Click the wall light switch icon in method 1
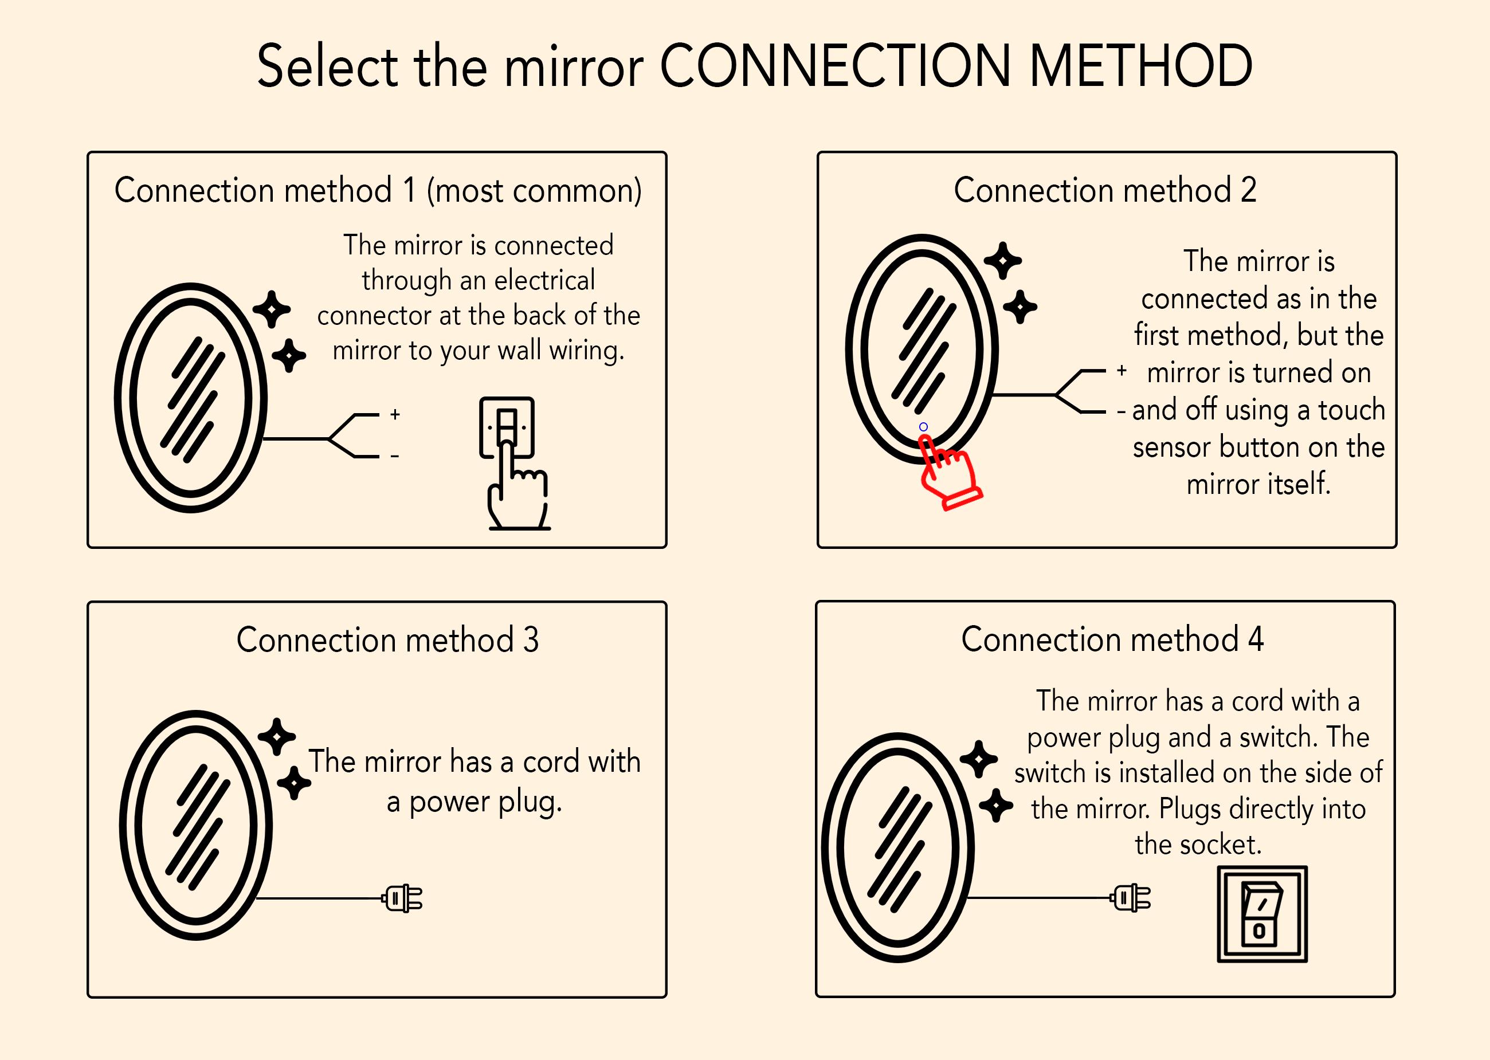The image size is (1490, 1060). point(507,427)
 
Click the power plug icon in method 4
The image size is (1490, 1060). point(1132,898)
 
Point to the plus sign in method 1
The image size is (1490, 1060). point(395,414)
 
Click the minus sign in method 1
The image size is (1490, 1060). point(395,456)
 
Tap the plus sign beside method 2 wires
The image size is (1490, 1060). point(1122,371)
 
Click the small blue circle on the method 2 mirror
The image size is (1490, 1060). point(923,427)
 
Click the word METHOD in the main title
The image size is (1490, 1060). point(1140,66)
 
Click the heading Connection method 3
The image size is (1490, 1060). point(387,639)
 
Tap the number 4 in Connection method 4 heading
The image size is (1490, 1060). point(1256,639)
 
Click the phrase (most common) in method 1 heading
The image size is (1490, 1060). point(534,191)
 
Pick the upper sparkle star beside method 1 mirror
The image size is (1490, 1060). point(272,309)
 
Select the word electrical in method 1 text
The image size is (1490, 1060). point(544,280)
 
